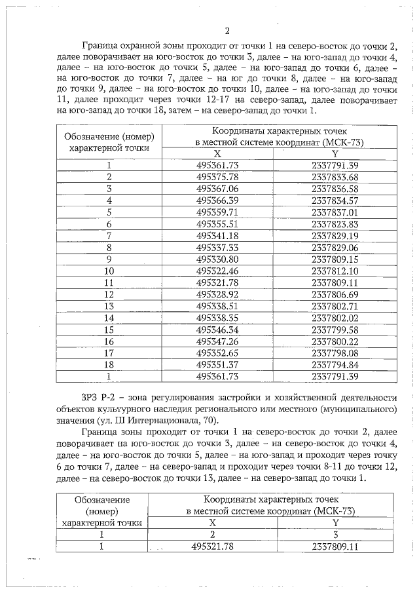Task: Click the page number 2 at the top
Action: pos(227,31)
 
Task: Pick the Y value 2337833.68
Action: pos(335,177)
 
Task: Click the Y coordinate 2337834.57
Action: pos(335,200)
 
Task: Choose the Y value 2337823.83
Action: pos(335,223)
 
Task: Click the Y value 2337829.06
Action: pos(335,247)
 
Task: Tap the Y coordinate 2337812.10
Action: pos(335,271)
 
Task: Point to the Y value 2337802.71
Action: pos(335,306)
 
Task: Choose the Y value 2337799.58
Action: pos(335,329)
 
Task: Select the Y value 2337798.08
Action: pos(335,353)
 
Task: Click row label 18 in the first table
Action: pos(109,364)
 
